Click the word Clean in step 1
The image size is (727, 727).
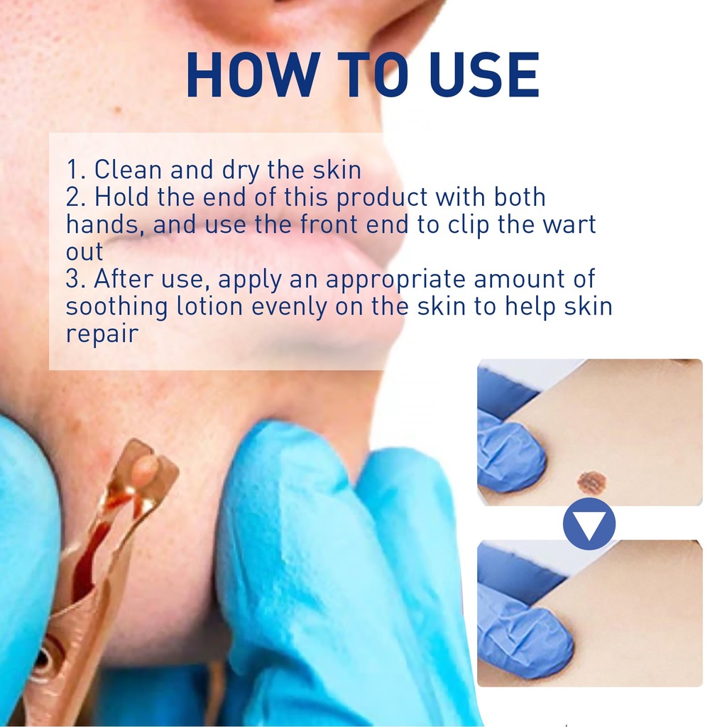point(128,169)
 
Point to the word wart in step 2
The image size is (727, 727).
point(569,225)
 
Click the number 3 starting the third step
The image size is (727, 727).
point(74,279)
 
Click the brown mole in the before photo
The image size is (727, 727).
point(592,482)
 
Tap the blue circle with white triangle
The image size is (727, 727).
point(589,523)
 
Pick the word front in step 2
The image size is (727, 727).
point(329,225)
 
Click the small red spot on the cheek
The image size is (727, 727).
point(117,110)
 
